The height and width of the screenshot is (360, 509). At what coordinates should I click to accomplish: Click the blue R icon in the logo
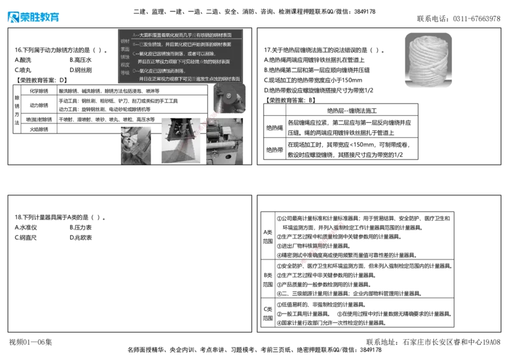pyautogui.click(x=13, y=18)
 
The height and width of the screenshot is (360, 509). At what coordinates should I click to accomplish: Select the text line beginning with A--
pyautogui.click(x=181, y=34)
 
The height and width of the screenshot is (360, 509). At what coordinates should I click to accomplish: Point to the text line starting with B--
pyautogui.click(x=181, y=45)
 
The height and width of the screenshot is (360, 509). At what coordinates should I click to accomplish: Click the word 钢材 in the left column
pyautogui.click(x=125, y=41)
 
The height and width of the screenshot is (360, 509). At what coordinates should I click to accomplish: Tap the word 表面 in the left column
pyautogui.click(x=125, y=48)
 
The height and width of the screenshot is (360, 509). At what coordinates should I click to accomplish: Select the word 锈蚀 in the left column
pyautogui.click(x=125, y=57)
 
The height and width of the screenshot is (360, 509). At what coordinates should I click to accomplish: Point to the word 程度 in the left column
pyautogui.click(x=125, y=64)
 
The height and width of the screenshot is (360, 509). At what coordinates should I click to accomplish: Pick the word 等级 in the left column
pyautogui.click(x=125, y=73)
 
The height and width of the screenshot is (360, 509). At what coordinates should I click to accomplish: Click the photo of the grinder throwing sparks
pyautogui.click(x=228, y=99)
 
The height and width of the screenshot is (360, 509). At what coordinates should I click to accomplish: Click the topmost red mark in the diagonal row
pyautogui.click(x=340, y=223)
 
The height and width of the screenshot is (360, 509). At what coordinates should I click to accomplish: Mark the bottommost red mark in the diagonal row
pyautogui.click(x=305, y=261)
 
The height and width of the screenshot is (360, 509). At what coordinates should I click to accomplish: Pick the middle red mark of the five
pyautogui.click(x=323, y=242)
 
